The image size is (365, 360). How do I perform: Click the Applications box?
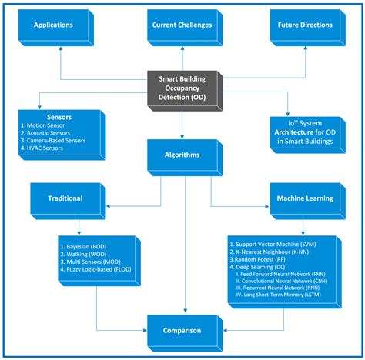click(53, 25)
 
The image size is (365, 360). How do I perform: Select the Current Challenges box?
click(182, 25)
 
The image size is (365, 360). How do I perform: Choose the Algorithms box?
click(182, 155)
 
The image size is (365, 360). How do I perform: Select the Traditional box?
click(66, 198)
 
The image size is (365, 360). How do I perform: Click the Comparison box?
click(182, 331)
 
